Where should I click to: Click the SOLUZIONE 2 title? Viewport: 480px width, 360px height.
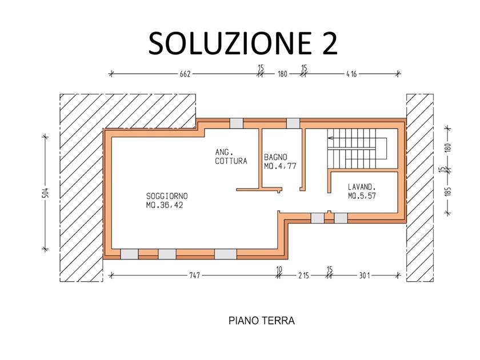click(x=243, y=43)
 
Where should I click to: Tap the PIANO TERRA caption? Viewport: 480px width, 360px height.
click(x=262, y=321)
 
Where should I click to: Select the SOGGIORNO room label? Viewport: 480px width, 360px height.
click(x=167, y=196)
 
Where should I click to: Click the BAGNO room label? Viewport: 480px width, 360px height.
click(x=275, y=157)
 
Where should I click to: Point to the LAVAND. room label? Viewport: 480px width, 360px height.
click(x=362, y=187)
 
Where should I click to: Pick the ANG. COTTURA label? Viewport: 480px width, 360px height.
click(x=231, y=157)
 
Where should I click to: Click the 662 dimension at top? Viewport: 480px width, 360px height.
click(x=185, y=74)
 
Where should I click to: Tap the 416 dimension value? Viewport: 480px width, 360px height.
click(x=351, y=74)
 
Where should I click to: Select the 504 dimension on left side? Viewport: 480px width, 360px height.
click(x=45, y=193)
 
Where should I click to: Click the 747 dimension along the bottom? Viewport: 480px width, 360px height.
click(x=194, y=275)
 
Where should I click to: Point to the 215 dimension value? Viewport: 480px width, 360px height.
click(x=303, y=275)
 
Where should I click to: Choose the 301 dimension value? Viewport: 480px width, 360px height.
click(x=365, y=275)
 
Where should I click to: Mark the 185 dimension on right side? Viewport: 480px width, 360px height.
click(x=448, y=191)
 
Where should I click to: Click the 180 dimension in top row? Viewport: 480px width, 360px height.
click(x=282, y=74)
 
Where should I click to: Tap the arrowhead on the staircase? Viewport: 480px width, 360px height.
click(x=330, y=138)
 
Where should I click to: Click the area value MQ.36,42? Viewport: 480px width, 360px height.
click(x=165, y=205)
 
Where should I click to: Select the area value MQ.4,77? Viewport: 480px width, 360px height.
click(x=280, y=166)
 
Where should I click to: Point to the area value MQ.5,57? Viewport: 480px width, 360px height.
click(x=362, y=195)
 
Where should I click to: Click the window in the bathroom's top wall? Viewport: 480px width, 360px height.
click(x=293, y=123)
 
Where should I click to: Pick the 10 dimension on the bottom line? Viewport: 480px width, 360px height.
click(x=279, y=269)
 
